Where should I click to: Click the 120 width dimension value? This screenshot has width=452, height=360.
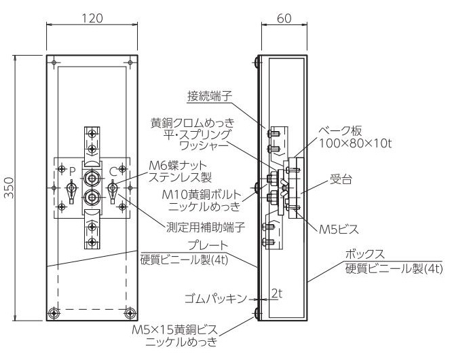pyautogui.click(x=92, y=18)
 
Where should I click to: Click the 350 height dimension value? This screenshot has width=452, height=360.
pyautogui.click(x=10, y=187)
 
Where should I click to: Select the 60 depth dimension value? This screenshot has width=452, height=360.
pyautogui.click(x=284, y=18)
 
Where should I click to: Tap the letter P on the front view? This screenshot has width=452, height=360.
pyautogui.click(x=73, y=172)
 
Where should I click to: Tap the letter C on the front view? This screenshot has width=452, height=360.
pyautogui.click(x=113, y=172)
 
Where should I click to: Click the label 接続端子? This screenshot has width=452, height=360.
pyautogui.click(x=210, y=96)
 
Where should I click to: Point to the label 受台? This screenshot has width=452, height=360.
pyautogui.click(x=341, y=179)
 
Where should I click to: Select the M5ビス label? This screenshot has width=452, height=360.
pyautogui.click(x=339, y=230)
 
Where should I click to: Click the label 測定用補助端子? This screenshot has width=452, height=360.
pyautogui.click(x=206, y=228)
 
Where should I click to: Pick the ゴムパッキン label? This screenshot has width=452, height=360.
pyautogui.click(x=216, y=299)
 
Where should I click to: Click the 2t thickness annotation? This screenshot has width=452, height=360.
pyautogui.click(x=276, y=293)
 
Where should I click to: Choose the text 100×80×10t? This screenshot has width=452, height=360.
pyautogui.click(x=356, y=143)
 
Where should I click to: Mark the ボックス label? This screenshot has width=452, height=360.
pyautogui.click(x=364, y=255)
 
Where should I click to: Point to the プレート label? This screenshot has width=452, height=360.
pyautogui.click(x=208, y=245)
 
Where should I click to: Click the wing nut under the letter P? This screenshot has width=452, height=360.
pyautogui.click(x=71, y=192)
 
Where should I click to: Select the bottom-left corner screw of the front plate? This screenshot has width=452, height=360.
pyautogui.click(x=54, y=312)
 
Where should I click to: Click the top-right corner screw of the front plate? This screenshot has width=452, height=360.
pyautogui.click(x=130, y=62)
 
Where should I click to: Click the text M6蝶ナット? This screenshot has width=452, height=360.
pyautogui.click(x=178, y=166)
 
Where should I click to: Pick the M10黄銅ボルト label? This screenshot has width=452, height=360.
pyautogui.click(x=201, y=195)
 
